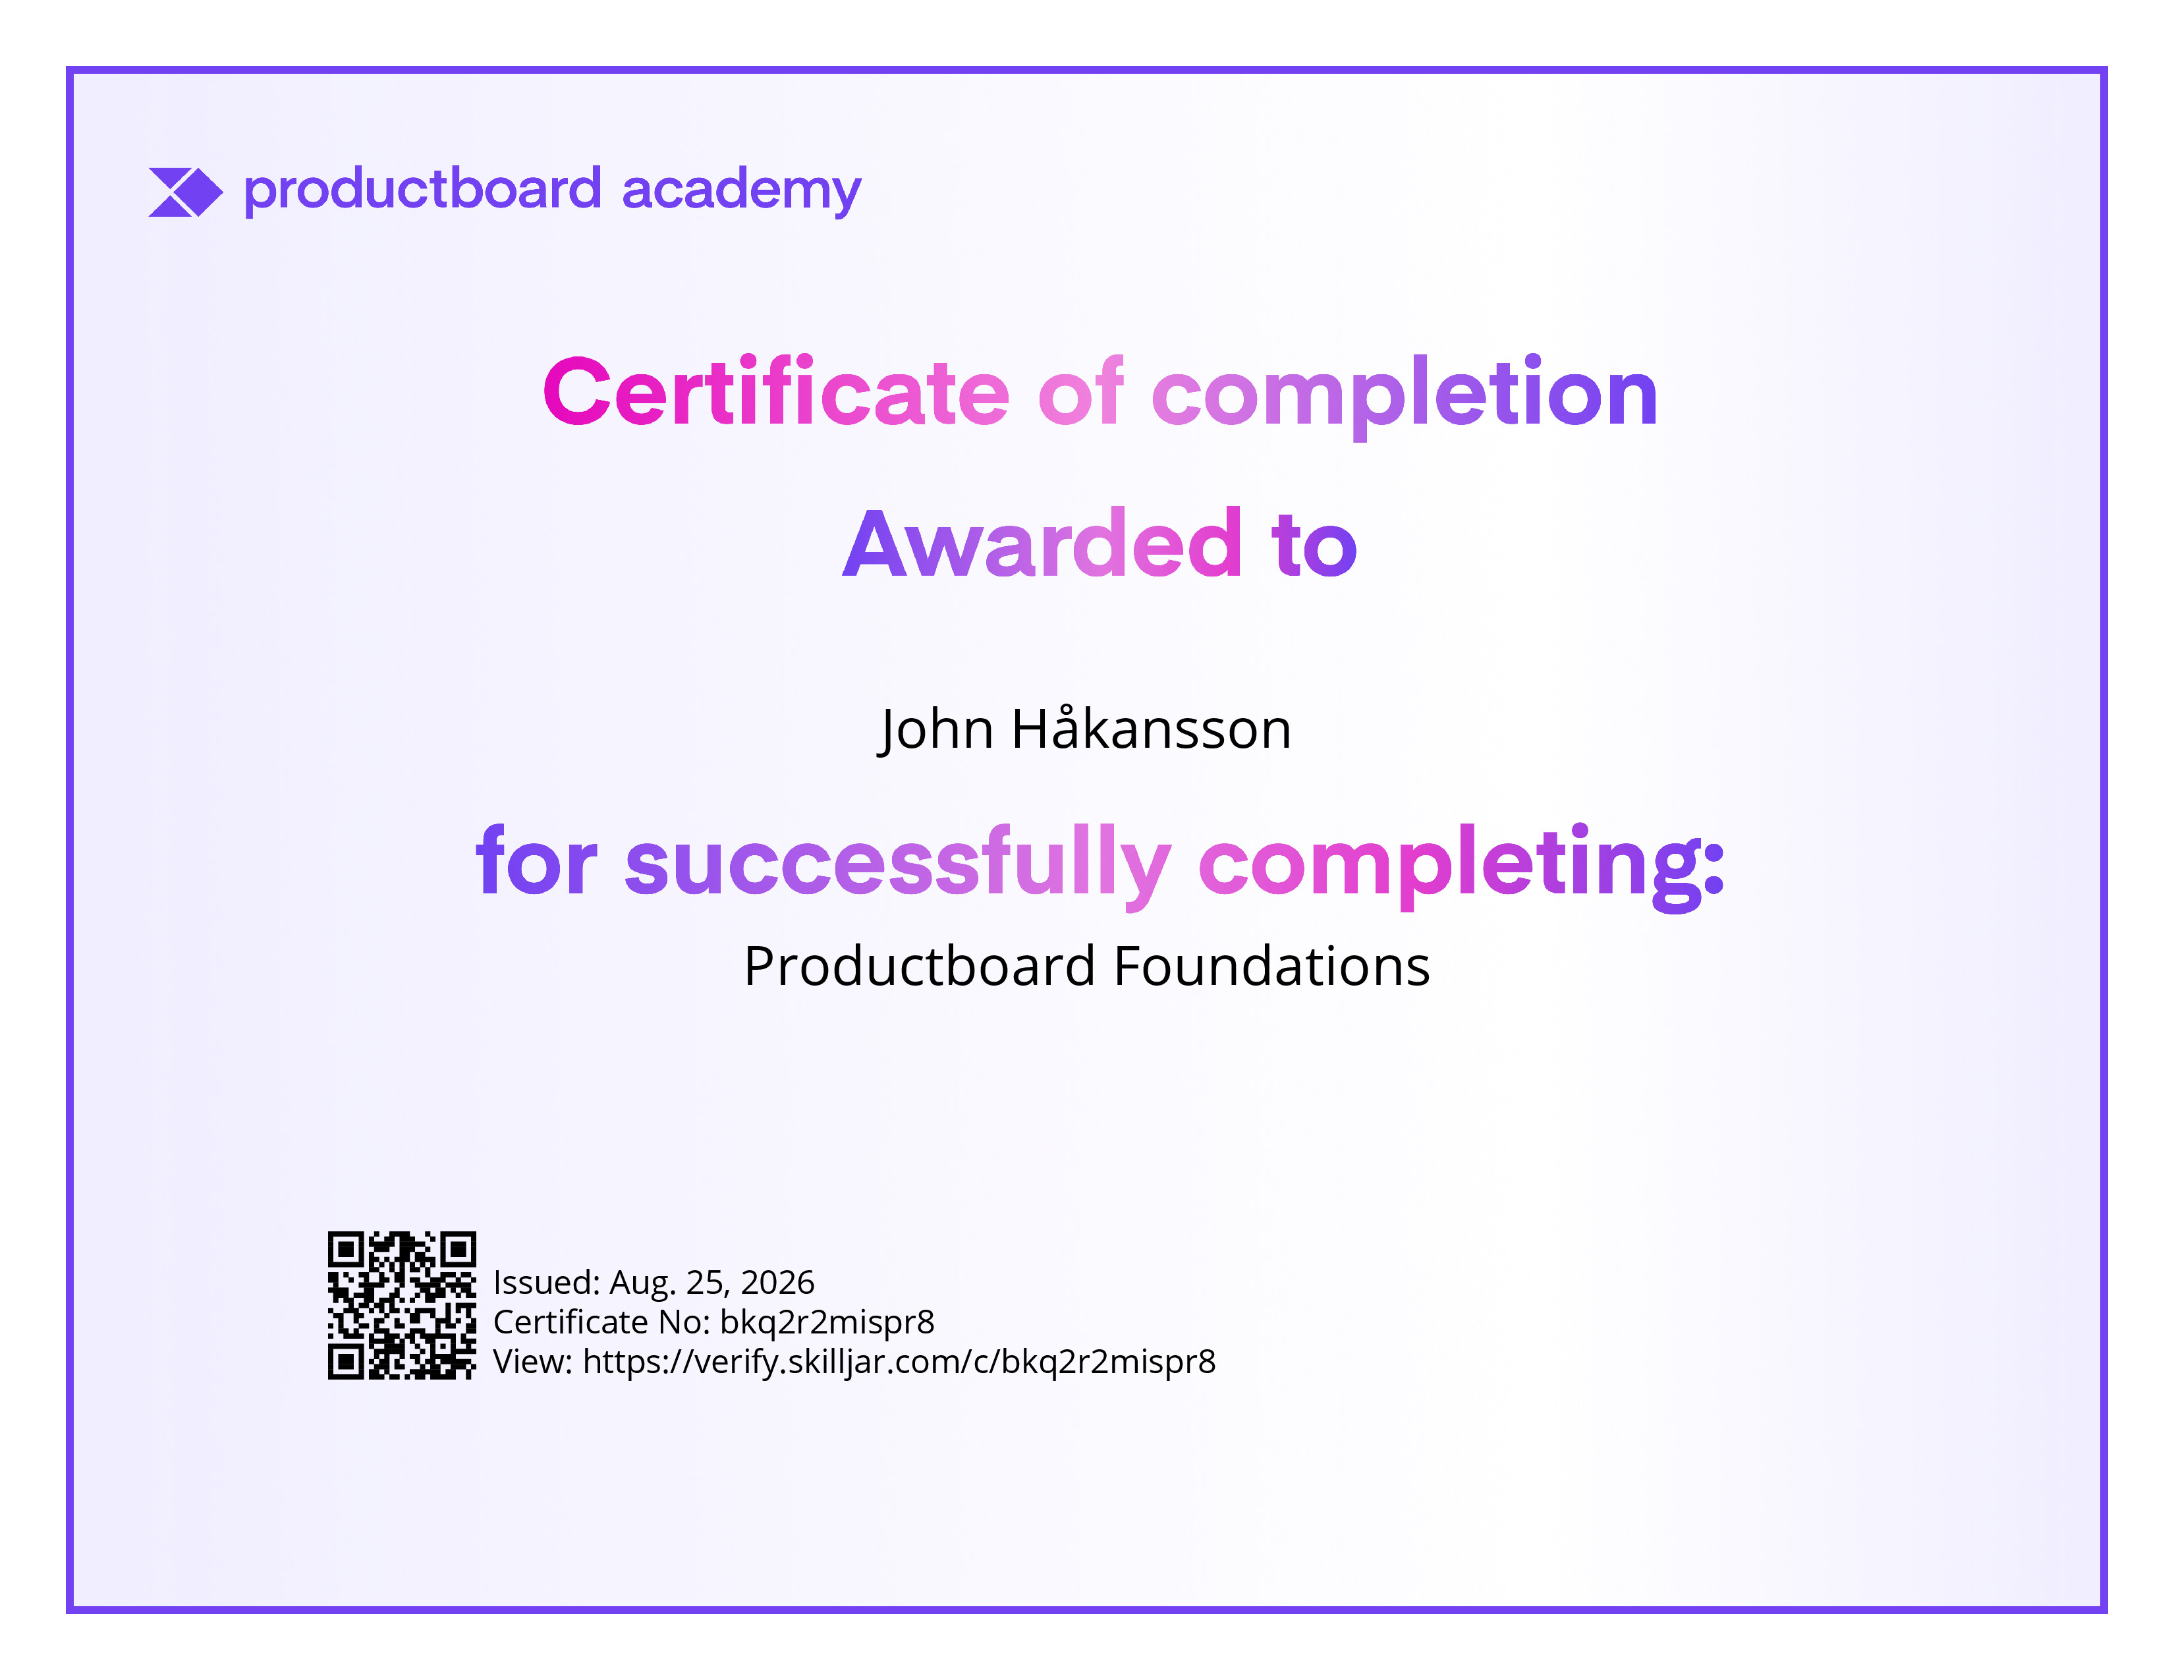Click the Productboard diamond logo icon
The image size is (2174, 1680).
(x=185, y=192)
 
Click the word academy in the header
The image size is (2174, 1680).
(x=742, y=191)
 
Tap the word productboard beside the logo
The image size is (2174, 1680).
(x=423, y=190)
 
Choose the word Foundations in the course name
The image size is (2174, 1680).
(x=1272, y=966)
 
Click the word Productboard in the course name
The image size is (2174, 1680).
(x=920, y=966)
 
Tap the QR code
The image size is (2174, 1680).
(x=402, y=1304)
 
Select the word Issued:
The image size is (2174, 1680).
(x=547, y=1282)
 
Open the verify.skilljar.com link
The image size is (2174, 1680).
(x=899, y=1362)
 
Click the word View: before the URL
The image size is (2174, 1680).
(x=532, y=1362)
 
